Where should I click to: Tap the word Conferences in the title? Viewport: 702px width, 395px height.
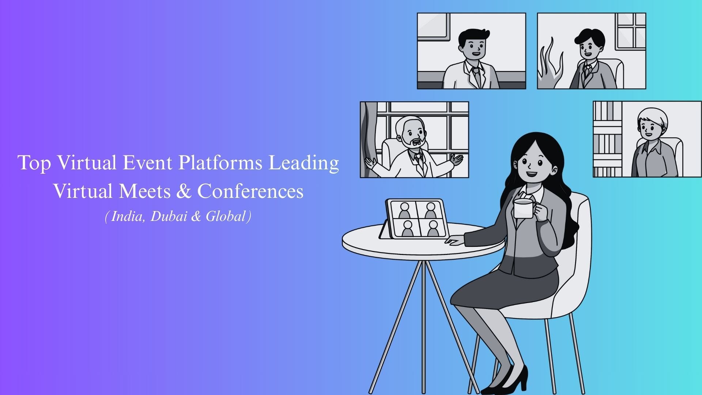[x=250, y=191]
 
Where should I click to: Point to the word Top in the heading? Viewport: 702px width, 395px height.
[x=35, y=163]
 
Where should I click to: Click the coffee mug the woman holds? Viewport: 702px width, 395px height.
[x=524, y=209]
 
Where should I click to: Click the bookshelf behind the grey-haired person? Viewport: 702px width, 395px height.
[x=607, y=139]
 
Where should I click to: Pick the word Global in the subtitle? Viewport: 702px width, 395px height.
[x=225, y=217]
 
